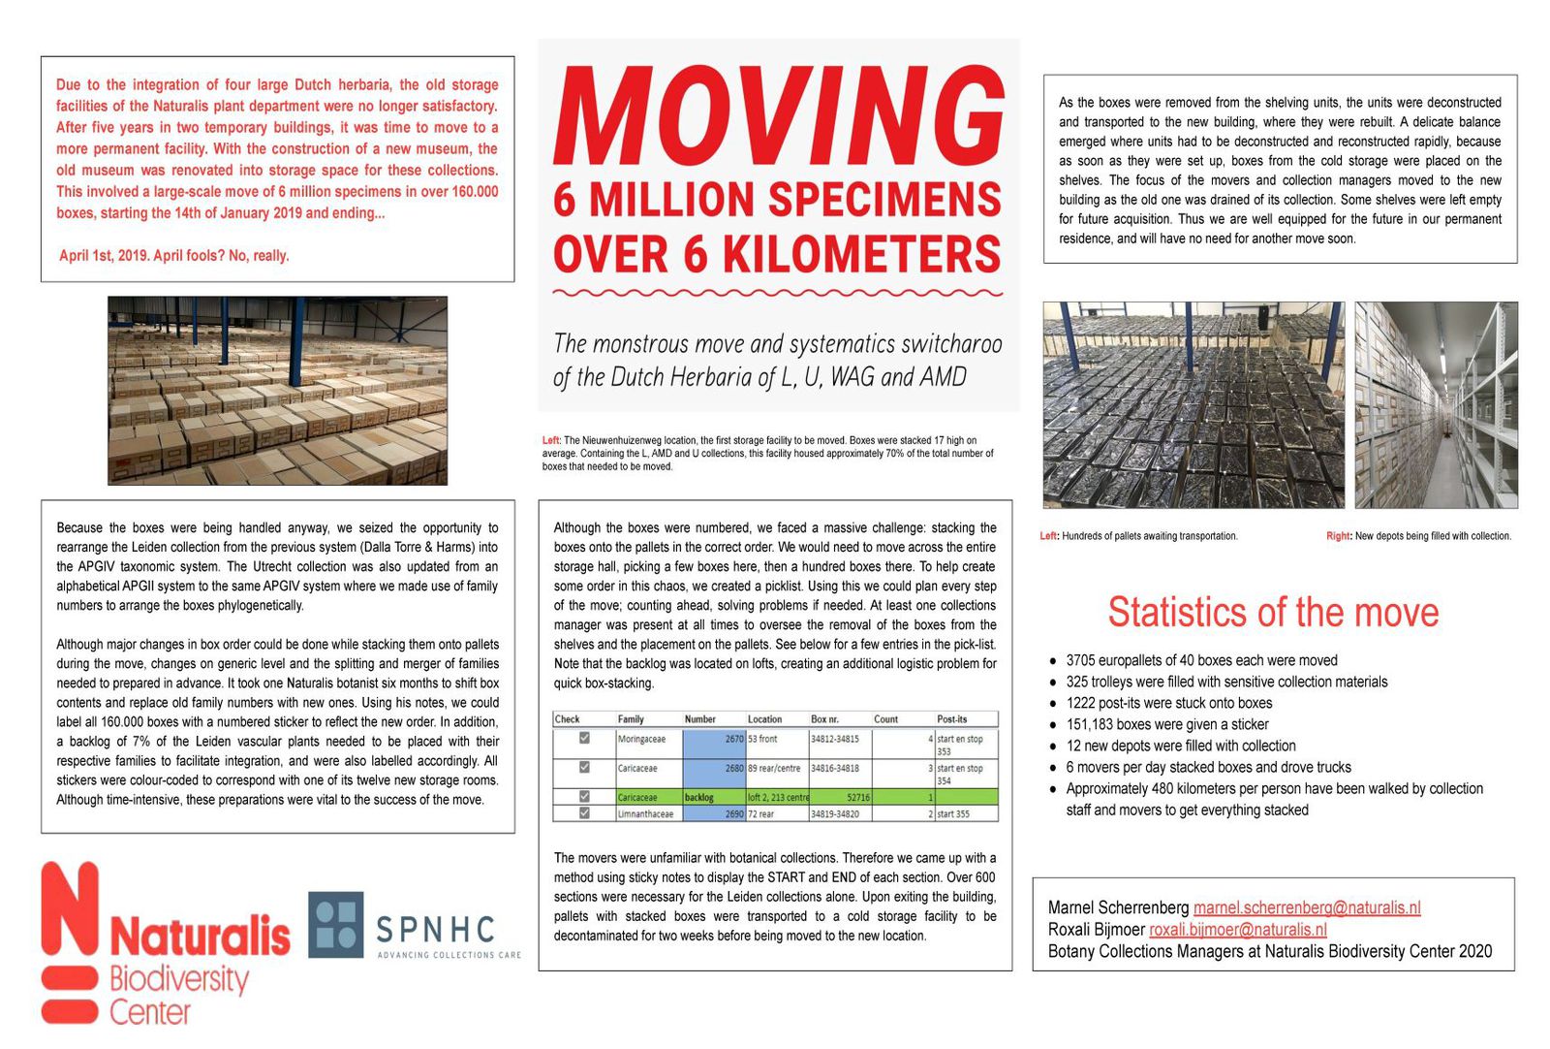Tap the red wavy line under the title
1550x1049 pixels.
point(778,291)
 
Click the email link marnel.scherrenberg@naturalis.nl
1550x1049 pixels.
point(1306,907)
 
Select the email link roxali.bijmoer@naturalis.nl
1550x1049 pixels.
point(1237,930)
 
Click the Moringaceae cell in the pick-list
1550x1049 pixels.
point(641,739)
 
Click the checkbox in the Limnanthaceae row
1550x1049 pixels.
point(584,813)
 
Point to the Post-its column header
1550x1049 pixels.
point(951,719)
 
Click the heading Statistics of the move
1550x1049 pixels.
point(1273,613)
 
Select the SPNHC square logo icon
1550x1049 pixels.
point(336,924)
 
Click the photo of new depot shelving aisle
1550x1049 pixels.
point(1436,405)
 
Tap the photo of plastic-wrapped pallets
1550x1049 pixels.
point(1193,405)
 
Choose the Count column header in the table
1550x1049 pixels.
point(885,719)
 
